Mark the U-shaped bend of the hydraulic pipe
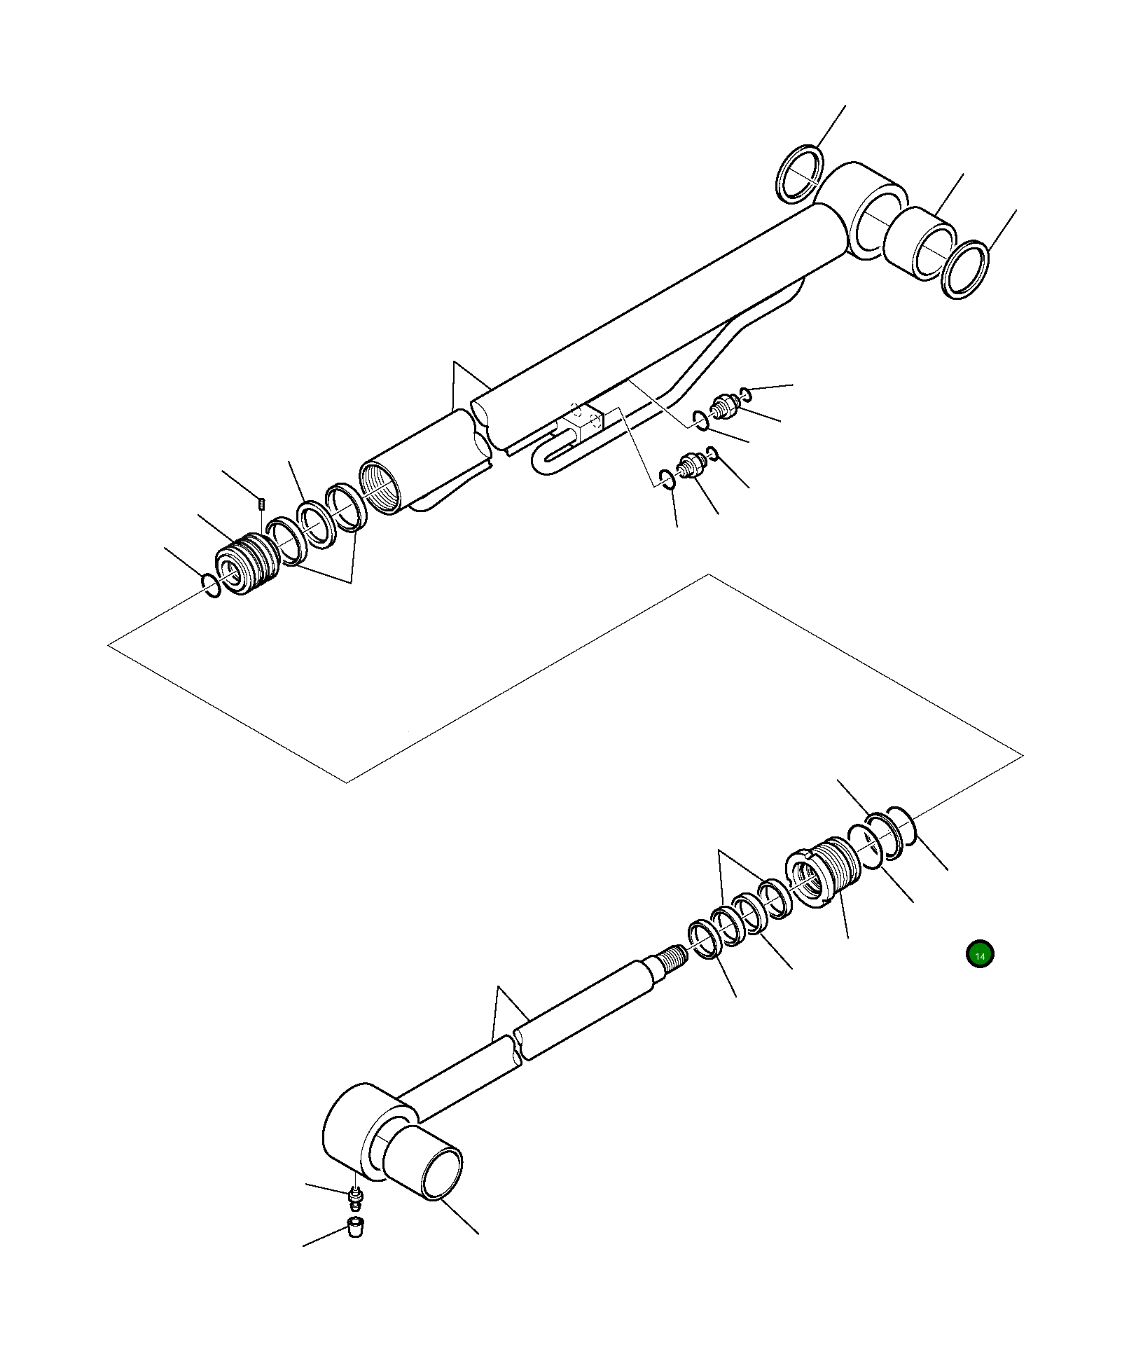point(544,463)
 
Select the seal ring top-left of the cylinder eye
point(798,174)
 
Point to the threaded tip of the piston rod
point(673,956)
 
